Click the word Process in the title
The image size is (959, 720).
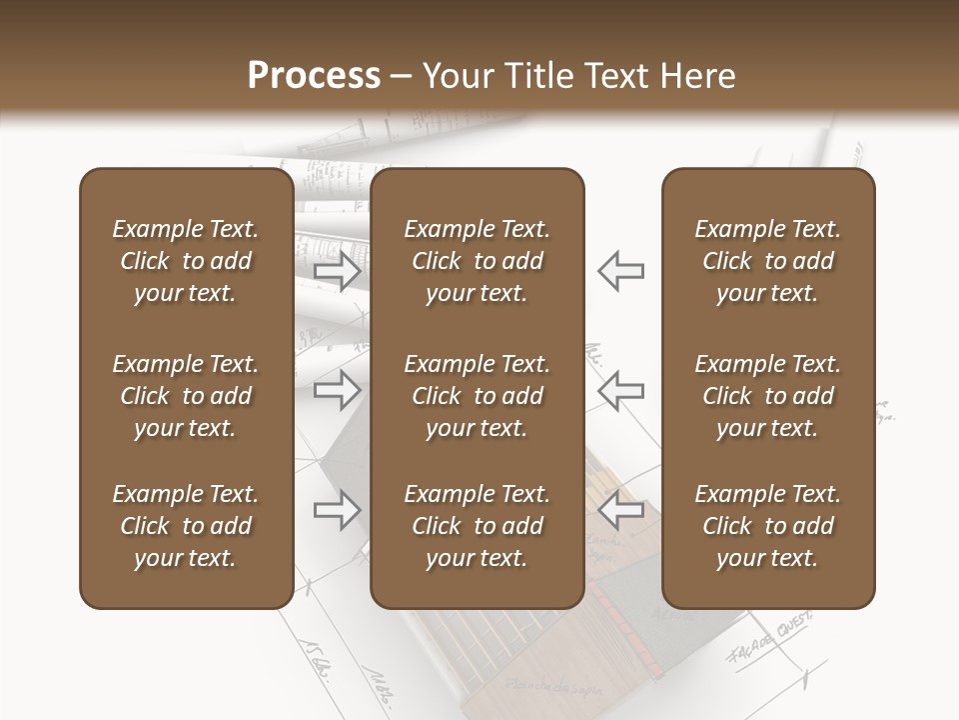tap(314, 76)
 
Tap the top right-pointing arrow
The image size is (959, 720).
tap(338, 271)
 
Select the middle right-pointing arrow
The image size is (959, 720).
tap(338, 390)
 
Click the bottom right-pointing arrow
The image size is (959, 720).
tap(338, 510)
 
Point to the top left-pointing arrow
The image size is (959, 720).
tap(620, 271)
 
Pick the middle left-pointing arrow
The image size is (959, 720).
tap(620, 390)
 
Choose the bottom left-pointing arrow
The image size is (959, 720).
tap(620, 510)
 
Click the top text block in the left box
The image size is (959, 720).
tap(186, 261)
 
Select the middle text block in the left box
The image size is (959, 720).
tap(186, 396)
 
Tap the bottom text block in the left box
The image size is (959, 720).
tap(186, 526)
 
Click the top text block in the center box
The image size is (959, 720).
tap(477, 261)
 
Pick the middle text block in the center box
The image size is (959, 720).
tap(477, 396)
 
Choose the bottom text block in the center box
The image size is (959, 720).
tap(477, 526)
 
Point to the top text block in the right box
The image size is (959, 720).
tap(767, 261)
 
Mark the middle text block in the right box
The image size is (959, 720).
tap(767, 396)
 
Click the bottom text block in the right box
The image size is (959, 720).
tap(767, 526)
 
